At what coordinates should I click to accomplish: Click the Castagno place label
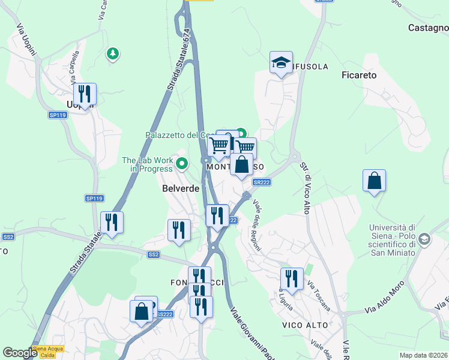pyautogui.click(x=428, y=28)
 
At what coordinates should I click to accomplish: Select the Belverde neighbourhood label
pyautogui.click(x=181, y=188)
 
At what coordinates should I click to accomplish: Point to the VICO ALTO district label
pyautogui.click(x=305, y=325)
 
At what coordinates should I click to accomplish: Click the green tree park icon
pyautogui.click(x=112, y=54)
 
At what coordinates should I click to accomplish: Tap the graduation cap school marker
pyautogui.click(x=281, y=62)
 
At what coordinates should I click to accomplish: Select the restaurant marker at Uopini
pyautogui.click(x=85, y=94)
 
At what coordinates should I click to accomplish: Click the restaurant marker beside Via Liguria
pyautogui.click(x=292, y=279)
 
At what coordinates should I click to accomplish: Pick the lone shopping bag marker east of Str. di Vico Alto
pyautogui.click(x=374, y=181)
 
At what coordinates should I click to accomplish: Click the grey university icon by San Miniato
pyautogui.click(x=424, y=239)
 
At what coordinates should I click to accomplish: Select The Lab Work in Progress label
pyautogui.click(x=148, y=164)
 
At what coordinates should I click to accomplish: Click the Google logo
pyautogui.click(x=20, y=353)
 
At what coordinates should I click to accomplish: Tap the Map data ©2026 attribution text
pyautogui.click(x=423, y=355)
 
